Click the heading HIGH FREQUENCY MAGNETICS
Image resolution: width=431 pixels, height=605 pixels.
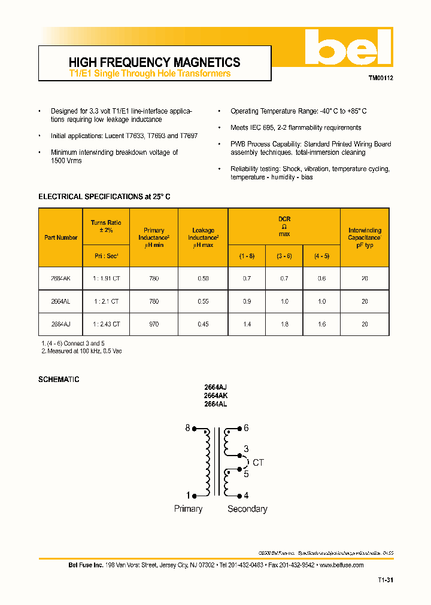point(154,62)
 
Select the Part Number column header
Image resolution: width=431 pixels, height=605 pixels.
point(60,237)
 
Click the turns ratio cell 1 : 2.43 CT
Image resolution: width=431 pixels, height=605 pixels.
point(107,324)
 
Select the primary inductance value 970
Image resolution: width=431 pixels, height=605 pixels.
point(154,324)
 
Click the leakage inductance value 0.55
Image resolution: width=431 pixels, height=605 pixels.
point(203,302)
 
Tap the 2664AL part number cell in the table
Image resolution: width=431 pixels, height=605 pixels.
point(60,302)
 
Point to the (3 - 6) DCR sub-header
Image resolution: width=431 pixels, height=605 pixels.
point(284,256)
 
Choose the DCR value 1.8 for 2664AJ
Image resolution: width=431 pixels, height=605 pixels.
point(284,324)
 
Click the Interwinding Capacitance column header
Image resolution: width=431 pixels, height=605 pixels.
point(365,237)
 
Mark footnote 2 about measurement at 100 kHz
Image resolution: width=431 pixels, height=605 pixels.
point(81,351)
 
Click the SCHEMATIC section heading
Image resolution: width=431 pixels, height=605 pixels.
point(59,380)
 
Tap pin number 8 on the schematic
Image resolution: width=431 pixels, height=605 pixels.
point(187,428)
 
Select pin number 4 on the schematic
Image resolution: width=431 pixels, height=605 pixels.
point(246,495)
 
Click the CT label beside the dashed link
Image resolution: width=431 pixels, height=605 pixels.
point(258,463)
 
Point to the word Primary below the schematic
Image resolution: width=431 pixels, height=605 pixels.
point(188,509)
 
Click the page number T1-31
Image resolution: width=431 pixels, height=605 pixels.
point(386,580)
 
